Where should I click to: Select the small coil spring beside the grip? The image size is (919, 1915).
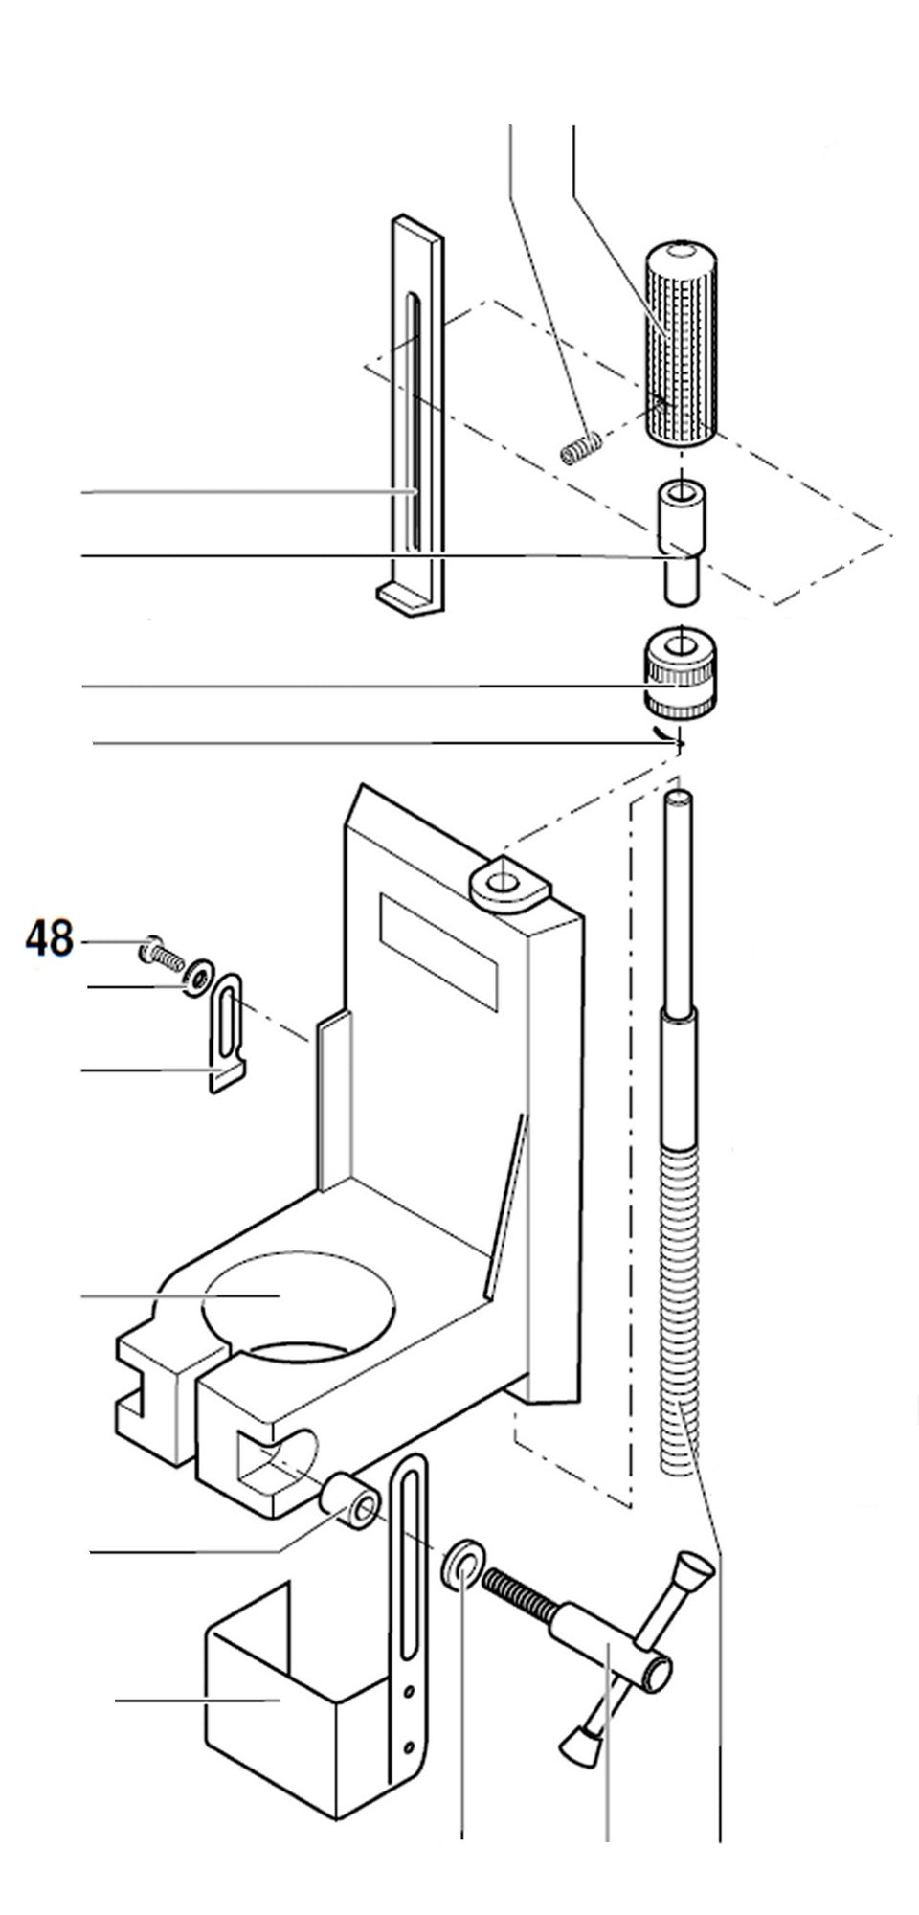(580, 447)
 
